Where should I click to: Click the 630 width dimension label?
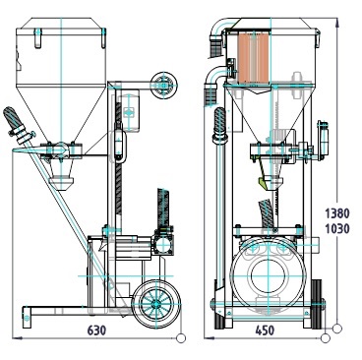click(97, 330)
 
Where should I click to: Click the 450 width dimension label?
click(265, 330)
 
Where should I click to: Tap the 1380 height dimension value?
click(337, 213)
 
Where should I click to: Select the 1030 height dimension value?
click(337, 228)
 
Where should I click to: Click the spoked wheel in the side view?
click(156, 305)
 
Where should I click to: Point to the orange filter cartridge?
click(254, 57)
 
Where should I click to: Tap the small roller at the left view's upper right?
click(164, 85)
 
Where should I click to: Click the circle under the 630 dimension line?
click(181, 338)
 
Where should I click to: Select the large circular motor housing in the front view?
click(268, 275)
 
